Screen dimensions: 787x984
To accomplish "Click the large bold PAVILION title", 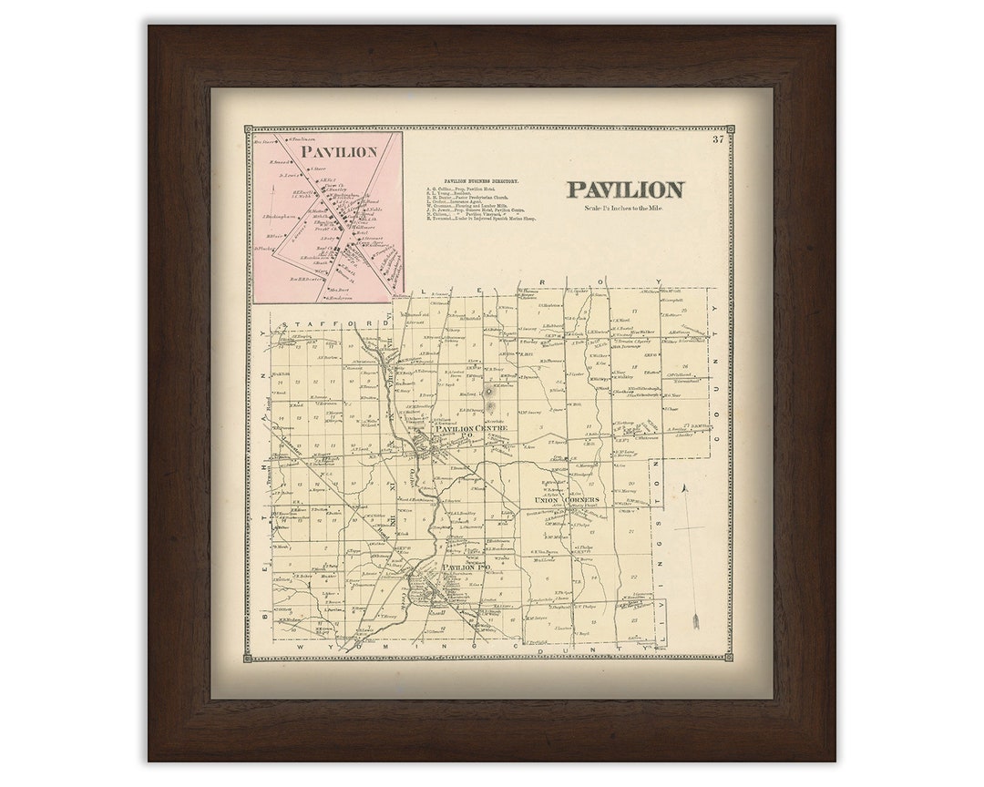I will click(x=625, y=189).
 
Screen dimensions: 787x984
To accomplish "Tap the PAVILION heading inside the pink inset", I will click(x=339, y=151).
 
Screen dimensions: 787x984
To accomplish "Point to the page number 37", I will click(x=718, y=138).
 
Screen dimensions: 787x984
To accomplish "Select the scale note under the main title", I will click(x=625, y=209).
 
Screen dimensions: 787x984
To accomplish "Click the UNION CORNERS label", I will click(x=567, y=501).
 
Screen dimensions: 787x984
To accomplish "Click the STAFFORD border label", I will click(x=317, y=322).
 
